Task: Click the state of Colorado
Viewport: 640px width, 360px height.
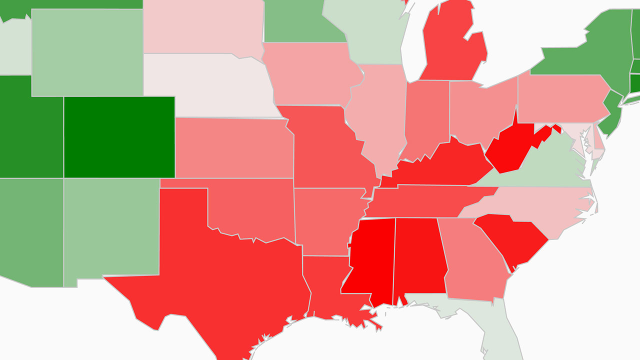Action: click(x=119, y=137)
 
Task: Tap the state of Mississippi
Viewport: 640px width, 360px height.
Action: click(x=369, y=260)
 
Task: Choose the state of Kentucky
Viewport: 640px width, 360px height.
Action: click(x=440, y=165)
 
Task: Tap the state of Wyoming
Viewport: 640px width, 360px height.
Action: click(x=87, y=52)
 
